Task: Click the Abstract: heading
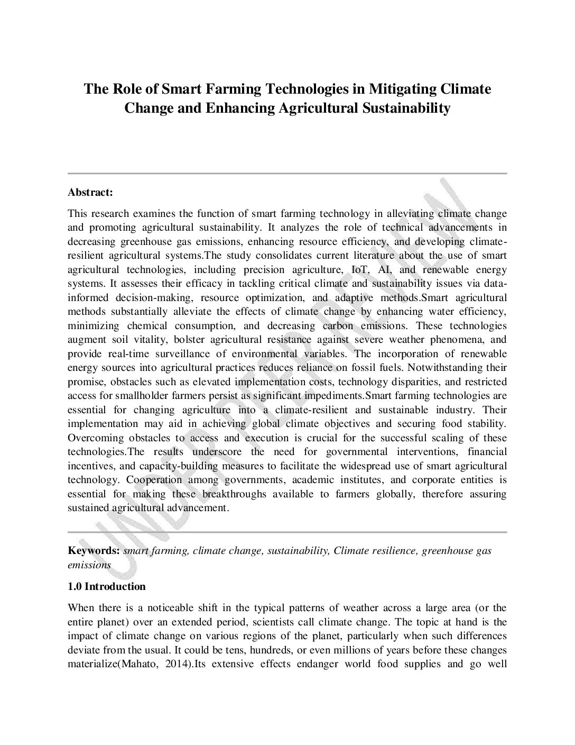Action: click(x=90, y=192)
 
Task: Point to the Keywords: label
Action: click(x=94, y=551)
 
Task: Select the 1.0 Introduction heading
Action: click(x=106, y=586)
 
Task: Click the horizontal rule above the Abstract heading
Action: click(x=287, y=173)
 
